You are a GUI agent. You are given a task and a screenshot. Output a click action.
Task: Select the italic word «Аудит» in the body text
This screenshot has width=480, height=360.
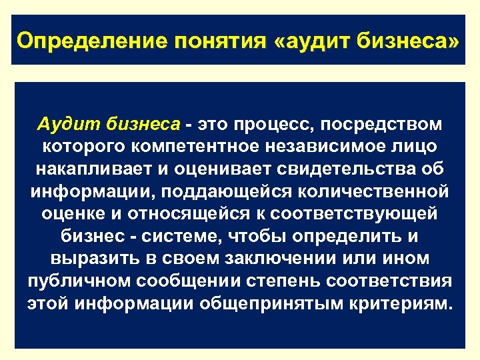[x=63, y=124]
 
